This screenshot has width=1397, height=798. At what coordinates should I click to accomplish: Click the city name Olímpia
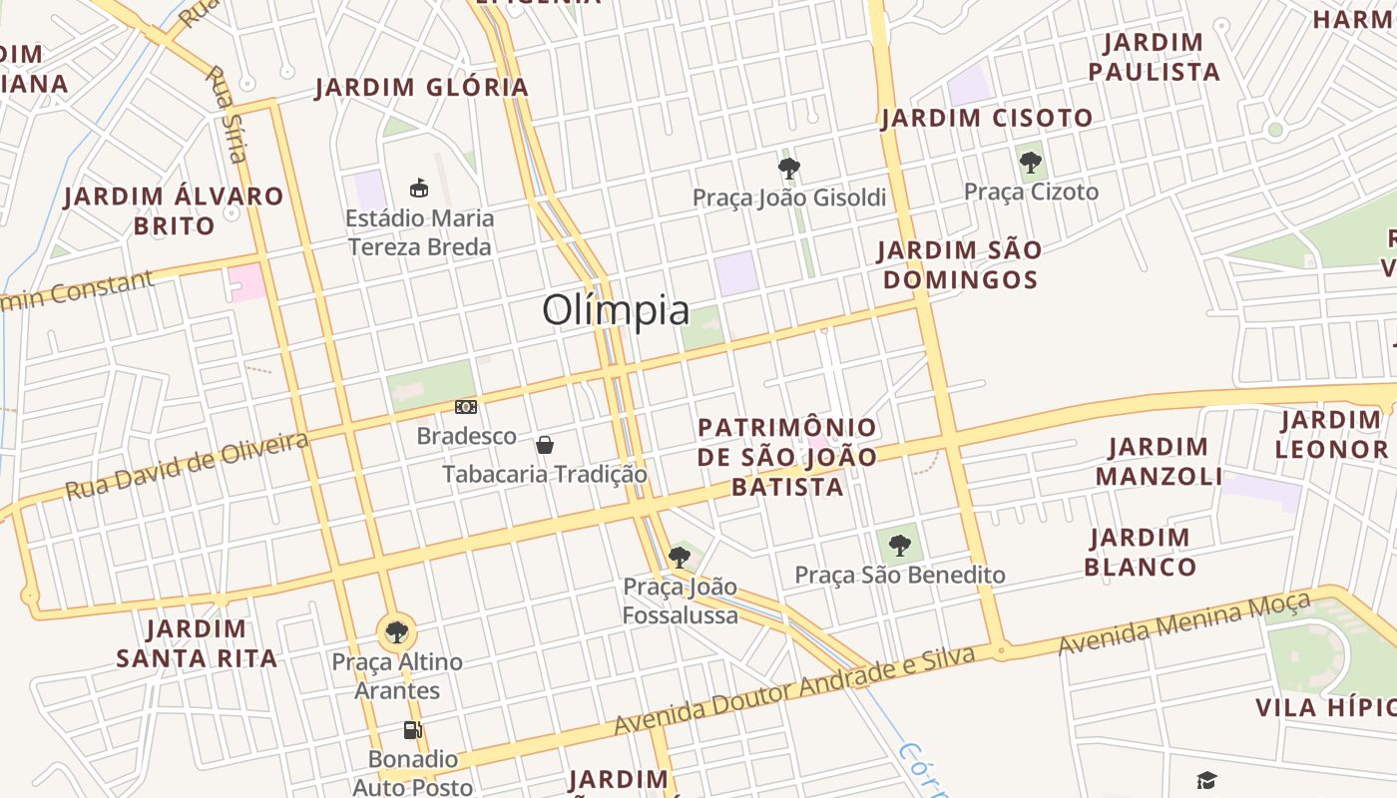(616, 310)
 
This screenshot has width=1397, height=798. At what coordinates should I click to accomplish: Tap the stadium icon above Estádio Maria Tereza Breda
(419, 188)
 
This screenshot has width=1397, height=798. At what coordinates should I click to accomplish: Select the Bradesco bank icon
(466, 407)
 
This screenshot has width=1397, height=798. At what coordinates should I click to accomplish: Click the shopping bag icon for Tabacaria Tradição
(545, 444)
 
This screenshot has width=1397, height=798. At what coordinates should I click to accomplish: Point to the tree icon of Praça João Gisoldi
(789, 168)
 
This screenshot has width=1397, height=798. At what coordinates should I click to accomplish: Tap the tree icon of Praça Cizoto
(1031, 162)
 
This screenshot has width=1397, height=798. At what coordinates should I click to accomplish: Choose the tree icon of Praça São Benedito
(900, 545)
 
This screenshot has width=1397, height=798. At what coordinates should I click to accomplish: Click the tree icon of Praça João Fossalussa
(680, 557)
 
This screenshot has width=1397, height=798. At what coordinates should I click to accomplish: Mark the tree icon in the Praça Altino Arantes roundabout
(397, 630)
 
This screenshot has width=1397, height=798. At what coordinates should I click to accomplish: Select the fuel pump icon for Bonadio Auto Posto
(412, 730)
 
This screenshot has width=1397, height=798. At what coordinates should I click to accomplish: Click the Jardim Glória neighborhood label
(422, 88)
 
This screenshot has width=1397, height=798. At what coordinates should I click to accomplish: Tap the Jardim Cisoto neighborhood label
(987, 119)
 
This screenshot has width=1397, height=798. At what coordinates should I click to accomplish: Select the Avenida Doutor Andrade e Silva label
(793, 692)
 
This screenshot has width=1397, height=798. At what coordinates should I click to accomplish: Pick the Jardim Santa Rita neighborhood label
(197, 643)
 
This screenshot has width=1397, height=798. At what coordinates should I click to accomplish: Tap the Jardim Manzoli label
(1159, 461)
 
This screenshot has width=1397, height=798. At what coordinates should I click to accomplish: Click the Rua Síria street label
(226, 113)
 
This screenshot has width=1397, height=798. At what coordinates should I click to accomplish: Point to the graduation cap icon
(1207, 780)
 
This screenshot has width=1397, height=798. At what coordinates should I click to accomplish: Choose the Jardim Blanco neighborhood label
(1141, 553)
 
